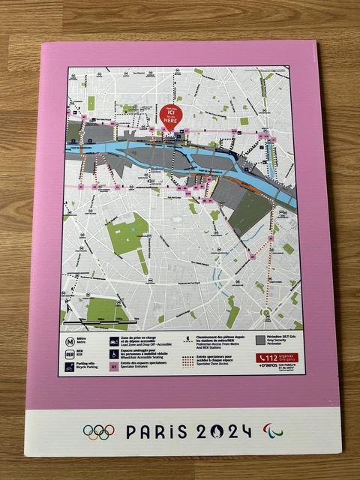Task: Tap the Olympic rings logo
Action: pos(98,432)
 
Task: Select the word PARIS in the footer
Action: pos(154,432)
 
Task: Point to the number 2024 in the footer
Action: pos(223,432)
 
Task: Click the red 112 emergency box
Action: pos(274,358)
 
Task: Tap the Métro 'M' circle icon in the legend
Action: pos(68,338)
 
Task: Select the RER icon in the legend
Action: pos(68,352)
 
